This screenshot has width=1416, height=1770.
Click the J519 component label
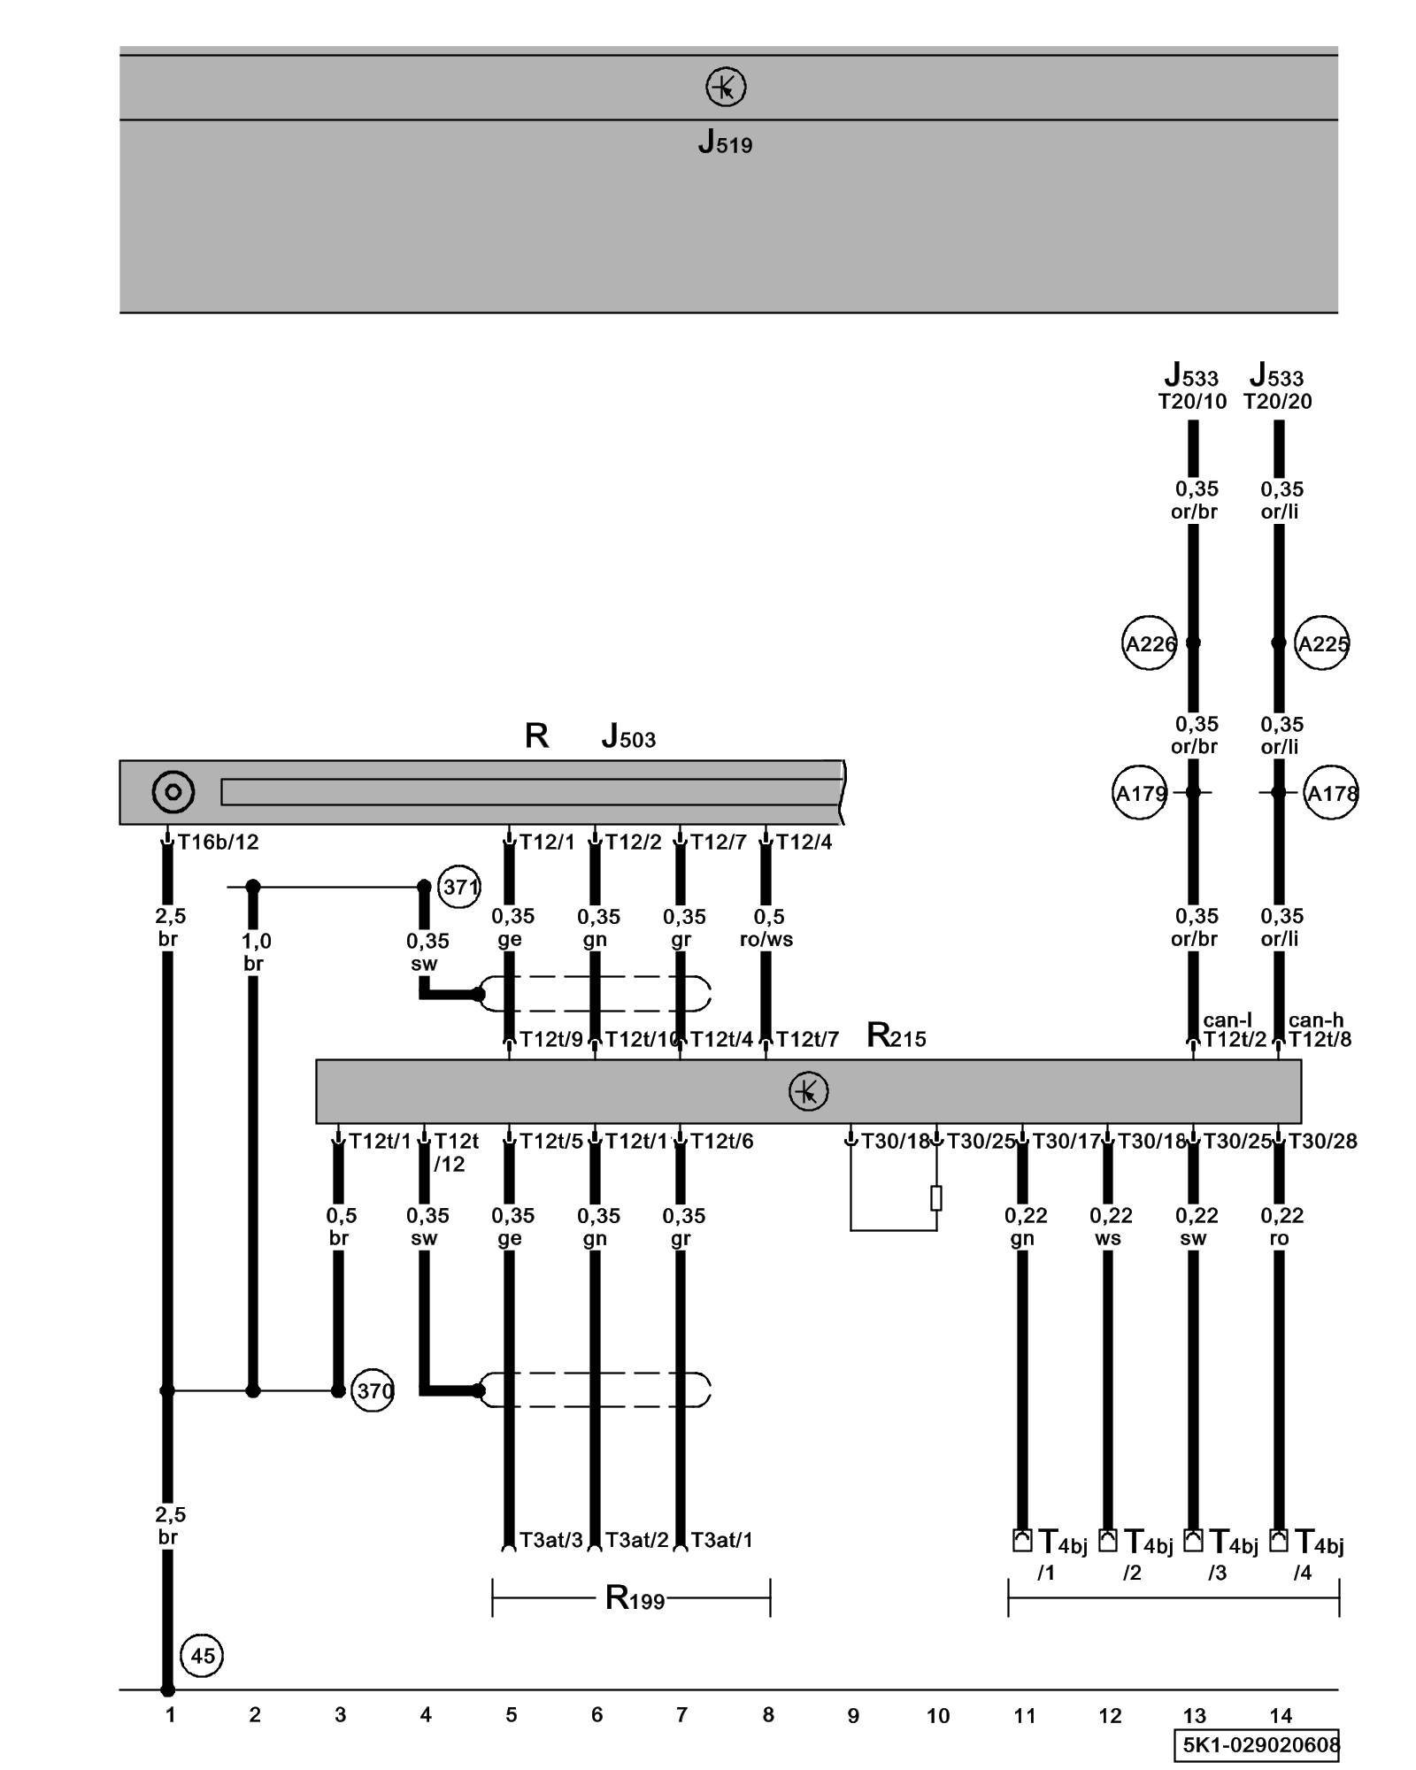tap(725, 142)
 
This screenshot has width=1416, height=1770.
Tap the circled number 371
tap(459, 886)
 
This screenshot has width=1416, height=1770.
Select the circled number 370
tap(373, 1390)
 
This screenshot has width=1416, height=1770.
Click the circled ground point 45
tap(202, 1655)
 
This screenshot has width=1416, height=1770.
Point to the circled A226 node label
tap(1149, 643)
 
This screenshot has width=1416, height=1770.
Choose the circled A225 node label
tap(1322, 643)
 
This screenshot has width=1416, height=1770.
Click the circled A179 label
tap(1140, 793)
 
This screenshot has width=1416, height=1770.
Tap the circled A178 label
tap(1331, 793)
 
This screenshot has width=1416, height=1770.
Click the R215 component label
tap(896, 1035)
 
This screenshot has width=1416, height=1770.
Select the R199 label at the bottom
tap(634, 1598)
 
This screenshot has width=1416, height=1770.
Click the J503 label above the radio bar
tap(628, 736)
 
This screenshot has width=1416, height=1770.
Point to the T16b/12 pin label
tap(218, 842)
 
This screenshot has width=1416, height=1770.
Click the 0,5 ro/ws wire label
tap(767, 927)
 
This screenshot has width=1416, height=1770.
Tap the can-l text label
tap(1227, 1020)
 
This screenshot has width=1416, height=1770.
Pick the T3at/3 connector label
tap(550, 1540)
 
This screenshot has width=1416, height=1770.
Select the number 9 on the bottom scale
tap(853, 1716)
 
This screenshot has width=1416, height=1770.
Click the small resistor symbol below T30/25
tap(936, 1197)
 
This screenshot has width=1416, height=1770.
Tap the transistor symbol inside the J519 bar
tap(726, 88)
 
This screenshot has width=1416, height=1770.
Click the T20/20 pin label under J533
tap(1277, 402)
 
